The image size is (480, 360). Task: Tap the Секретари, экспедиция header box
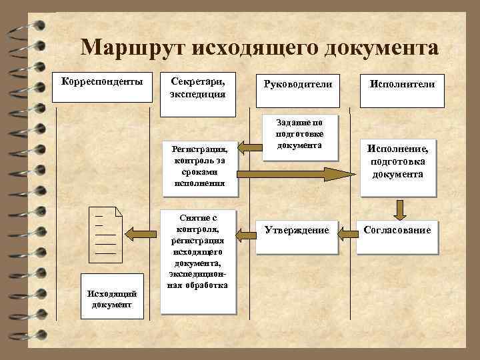[x=198, y=87]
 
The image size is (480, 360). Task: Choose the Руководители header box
[x=297, y=88]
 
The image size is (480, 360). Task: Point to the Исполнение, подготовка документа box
[x=398, y=164]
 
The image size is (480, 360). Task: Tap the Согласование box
[x=397, y=231]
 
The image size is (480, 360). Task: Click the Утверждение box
[x=297, y=231]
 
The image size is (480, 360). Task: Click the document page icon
[x=109, y=233]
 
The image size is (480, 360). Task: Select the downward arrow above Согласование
[x=399, y=208]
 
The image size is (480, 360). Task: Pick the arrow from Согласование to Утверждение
[x=347, y=233]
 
